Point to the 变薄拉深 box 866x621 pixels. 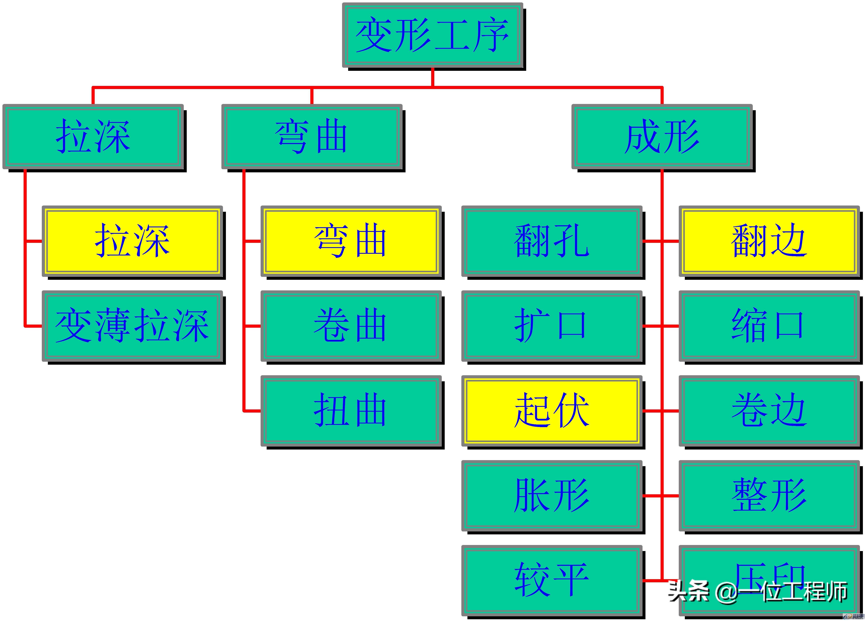[x=132, y=326]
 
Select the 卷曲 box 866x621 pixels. [x=351, y=326]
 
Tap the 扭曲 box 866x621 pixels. [x=351, y=411]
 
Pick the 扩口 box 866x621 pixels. [x=552, y=326]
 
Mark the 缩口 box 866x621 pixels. [x=769, y=326]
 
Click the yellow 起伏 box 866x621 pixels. [x=552, y=411]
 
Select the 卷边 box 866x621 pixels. [x=769, y=411]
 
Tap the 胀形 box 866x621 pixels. [x=552, y=496]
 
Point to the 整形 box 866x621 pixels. [x=769, y=496]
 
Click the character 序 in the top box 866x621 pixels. [x=491, y=35]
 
